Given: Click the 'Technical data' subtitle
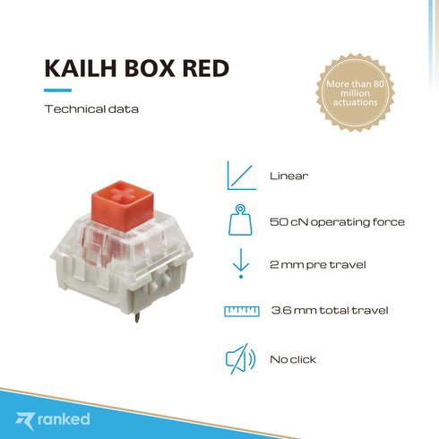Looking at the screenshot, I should pos(91,109).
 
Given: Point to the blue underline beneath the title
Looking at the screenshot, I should pos(57,90).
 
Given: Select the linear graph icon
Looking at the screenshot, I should pos(238,175).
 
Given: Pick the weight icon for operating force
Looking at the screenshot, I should pos(239,220).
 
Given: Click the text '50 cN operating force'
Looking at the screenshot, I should pos(337,221).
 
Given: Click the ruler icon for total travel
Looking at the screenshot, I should pos(241,311).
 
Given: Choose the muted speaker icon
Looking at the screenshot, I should pos(238,359).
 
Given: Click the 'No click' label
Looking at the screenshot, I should pos(293,359).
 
